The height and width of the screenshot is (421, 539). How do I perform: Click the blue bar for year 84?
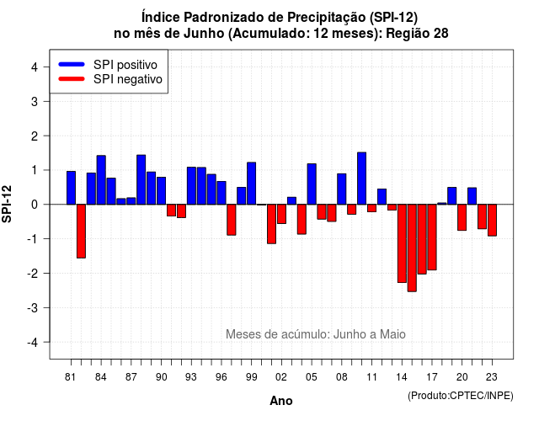pyautogui.click(x=101, y=179)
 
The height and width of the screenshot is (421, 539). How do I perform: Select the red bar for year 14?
pyautogui.click(x=402, y=243)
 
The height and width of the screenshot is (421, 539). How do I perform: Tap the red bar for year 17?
pyautogui.click(x=432, y=237)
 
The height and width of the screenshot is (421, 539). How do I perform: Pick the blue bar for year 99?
pyautogui.click(x=252, y=184)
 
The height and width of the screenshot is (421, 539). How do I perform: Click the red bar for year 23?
pyautogui.click(x=492, y=220)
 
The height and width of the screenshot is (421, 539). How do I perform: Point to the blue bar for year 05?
pyautogui.click(x=312, y=184)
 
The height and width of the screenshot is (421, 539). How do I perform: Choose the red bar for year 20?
pyautogui.click(x=462, y=217)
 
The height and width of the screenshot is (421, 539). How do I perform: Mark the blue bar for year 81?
pyautogui.click(x=71, y=188)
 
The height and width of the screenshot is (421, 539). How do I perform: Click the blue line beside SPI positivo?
pyautogui.click(x=72, y=64)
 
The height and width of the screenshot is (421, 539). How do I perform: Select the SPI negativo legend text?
pyautogui.click(x=128, y=79)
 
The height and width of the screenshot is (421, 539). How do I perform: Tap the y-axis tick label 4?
pyautogui.click(x=35, y=67)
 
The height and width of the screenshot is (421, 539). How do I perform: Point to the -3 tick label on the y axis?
pyautogui.click(x=33, y=307)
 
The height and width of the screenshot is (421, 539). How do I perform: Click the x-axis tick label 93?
pyautogui.click(x=191, y=377)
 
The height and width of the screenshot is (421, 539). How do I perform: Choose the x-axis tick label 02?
pyautogui.click(x=281, y=377)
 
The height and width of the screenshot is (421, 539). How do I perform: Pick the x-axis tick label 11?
pyautogui.click(x=371, y=377)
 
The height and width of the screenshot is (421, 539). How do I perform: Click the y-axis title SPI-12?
pyautogui.click(x=7, y=204)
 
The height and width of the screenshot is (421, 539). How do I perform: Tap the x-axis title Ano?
pyautogui.click(x=281, y=401)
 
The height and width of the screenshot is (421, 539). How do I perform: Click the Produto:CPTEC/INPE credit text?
pyautogui.click(x=461, y=396)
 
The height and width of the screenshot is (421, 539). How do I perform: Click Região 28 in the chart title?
pyautogui.click(x=417, y=34)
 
